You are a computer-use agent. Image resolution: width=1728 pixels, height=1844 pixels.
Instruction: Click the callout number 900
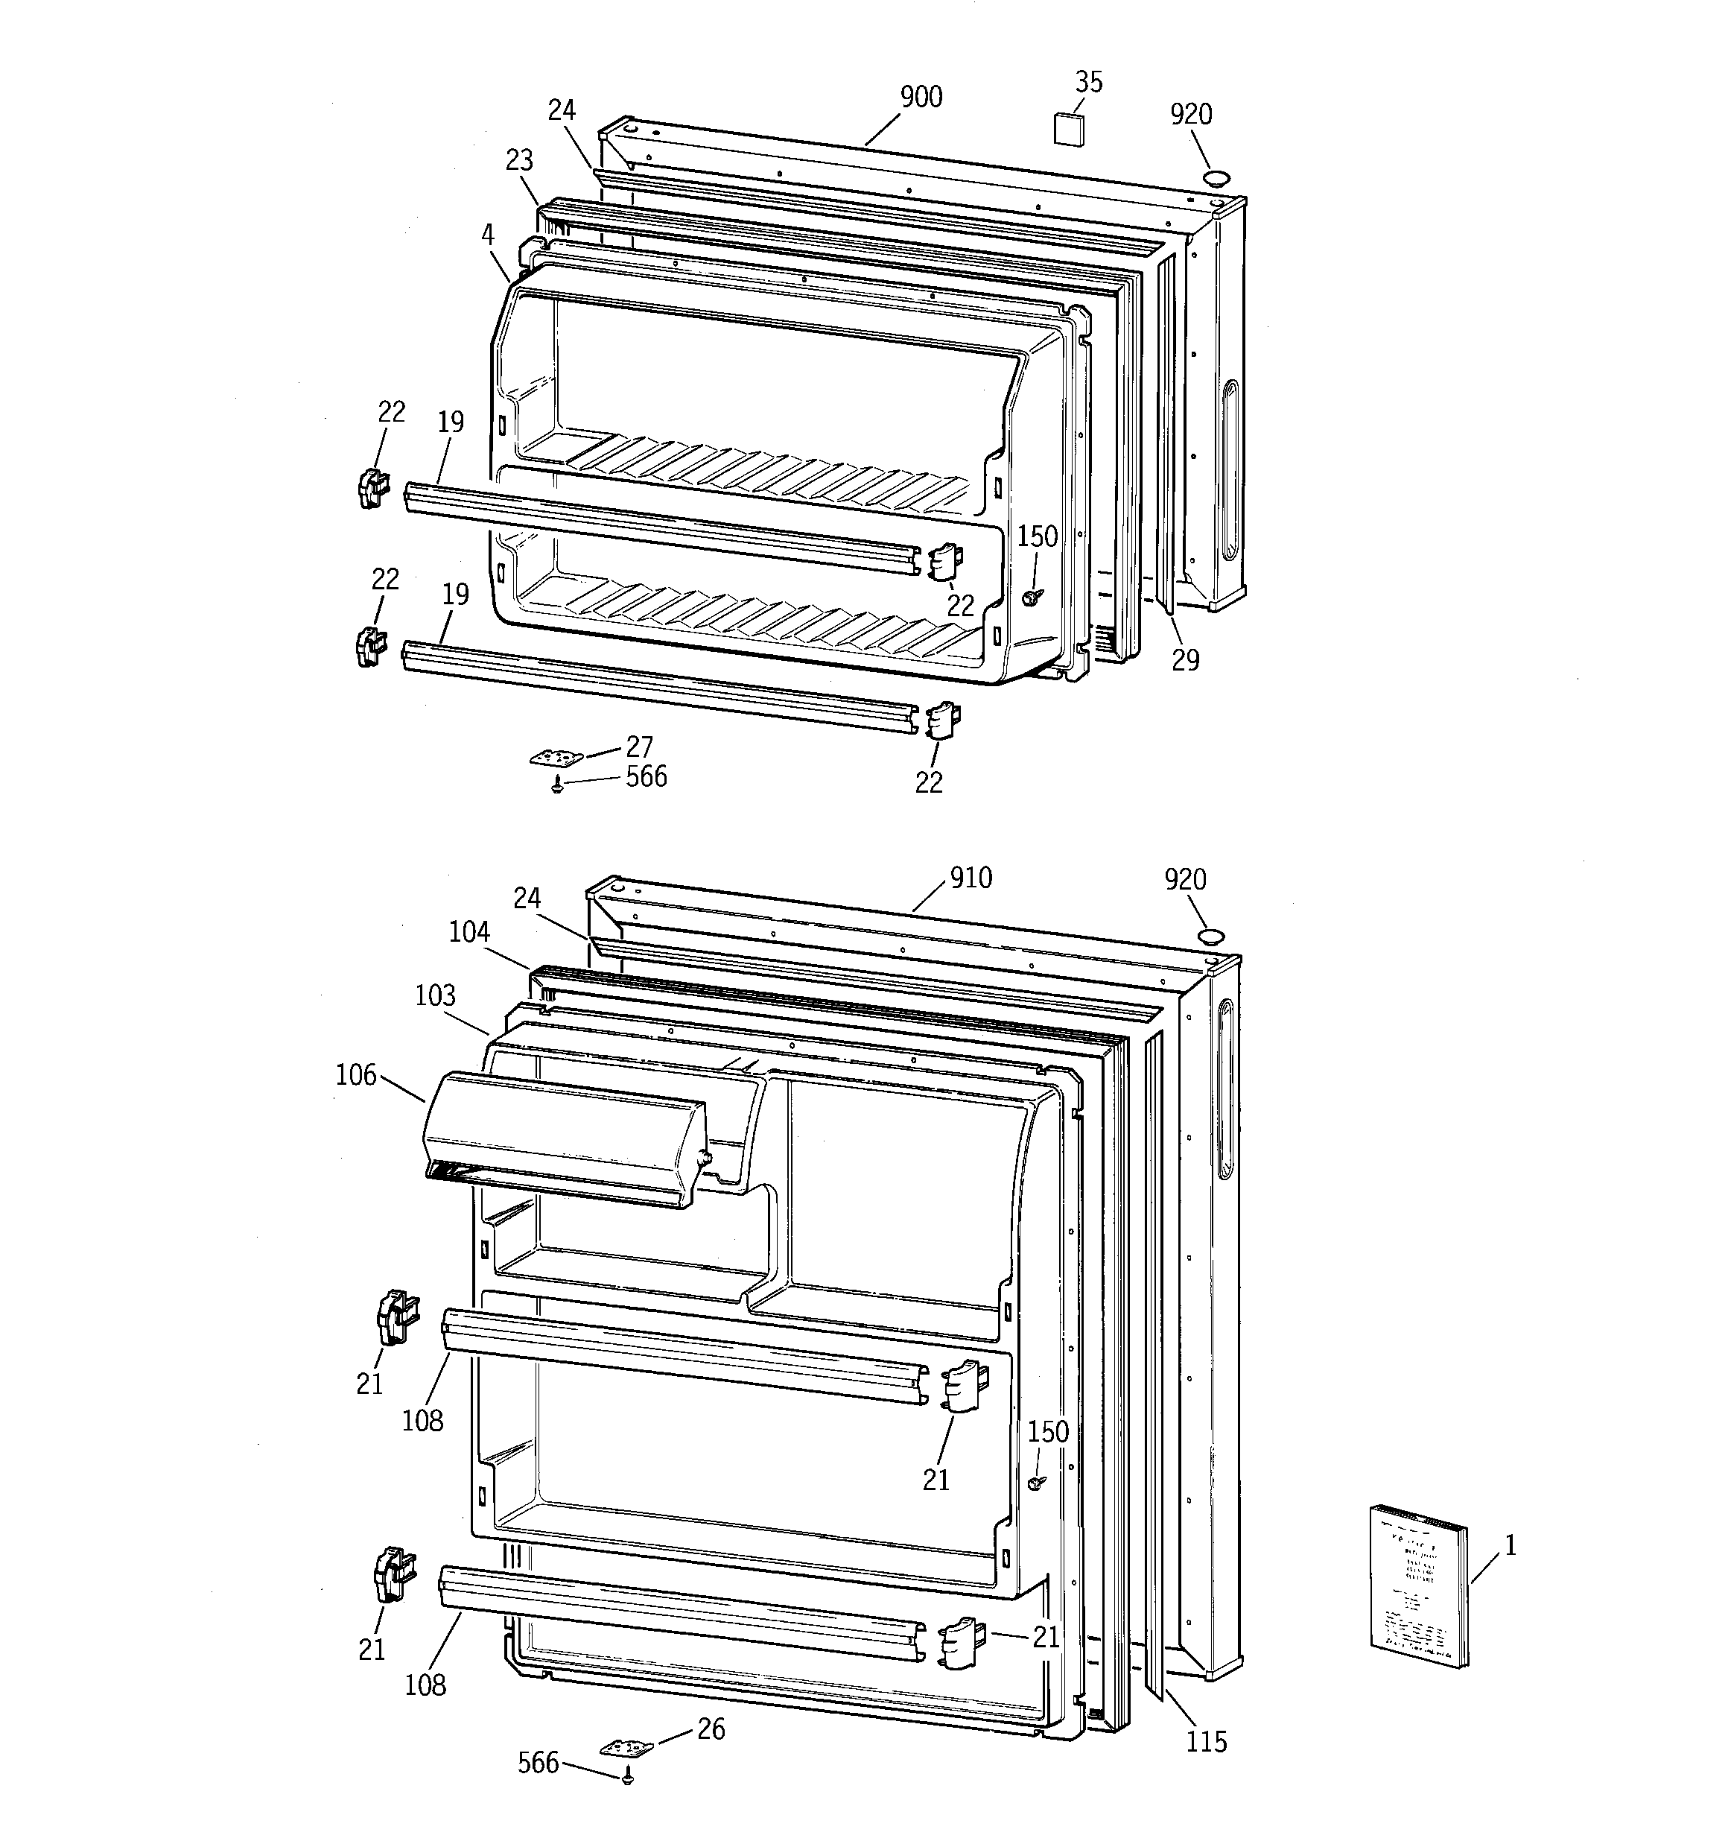click(921, 96)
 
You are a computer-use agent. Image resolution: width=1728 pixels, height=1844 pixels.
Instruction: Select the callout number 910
click(971, 876)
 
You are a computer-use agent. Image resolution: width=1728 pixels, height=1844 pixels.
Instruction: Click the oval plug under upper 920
click(1217, 177)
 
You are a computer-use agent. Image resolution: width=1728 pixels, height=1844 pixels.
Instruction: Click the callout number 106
click(356, 1075)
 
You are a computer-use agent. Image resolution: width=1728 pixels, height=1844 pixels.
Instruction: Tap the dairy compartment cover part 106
click(564, 1139)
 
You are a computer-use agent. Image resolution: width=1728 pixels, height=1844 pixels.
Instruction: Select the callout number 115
click(1206, 1742)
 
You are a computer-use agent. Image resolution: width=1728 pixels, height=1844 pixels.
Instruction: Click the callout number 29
click(1184, 660)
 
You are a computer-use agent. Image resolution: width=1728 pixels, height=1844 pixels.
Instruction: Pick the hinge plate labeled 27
click(557, 758)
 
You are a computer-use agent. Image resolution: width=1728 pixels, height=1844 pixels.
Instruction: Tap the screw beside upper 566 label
click(557, 785)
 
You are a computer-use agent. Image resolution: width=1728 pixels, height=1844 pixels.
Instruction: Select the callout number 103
click(435, 996)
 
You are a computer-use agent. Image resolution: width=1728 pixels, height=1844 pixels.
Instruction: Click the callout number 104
click(469, 931)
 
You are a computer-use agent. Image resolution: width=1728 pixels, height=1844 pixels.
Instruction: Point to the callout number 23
click(519, 160)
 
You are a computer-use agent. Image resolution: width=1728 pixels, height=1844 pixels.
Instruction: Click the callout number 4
click(488, 235)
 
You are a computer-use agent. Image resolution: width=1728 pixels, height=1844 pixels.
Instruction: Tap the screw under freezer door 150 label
click(1029, 598)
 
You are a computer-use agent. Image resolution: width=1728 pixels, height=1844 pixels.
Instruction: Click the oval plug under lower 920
click(1210, 935)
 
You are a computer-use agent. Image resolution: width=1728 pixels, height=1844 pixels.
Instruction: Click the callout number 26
click(711, 1729)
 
